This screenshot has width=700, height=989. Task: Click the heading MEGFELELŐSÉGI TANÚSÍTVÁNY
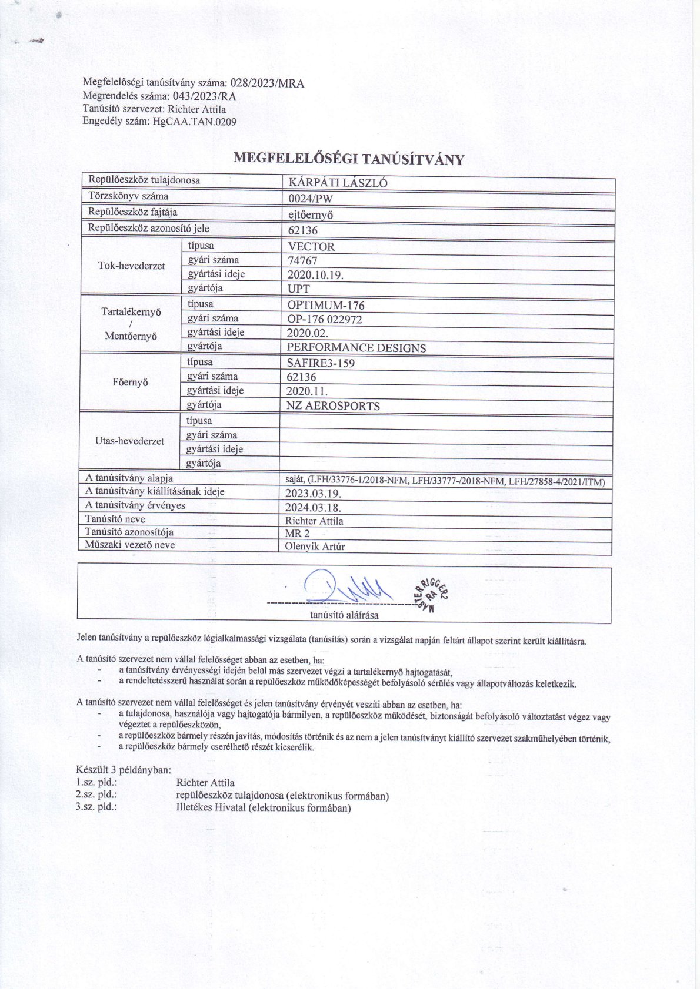[349, 159]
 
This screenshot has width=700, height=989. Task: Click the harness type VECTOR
[311, 247]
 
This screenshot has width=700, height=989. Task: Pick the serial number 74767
[302, 261]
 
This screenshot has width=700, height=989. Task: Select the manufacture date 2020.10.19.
[315, 275]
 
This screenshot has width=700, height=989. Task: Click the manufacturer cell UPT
[298, 289]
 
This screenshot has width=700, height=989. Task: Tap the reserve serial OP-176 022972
[324, 320]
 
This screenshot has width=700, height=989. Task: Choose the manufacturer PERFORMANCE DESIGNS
[356, 348]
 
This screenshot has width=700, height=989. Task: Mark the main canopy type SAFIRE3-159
[321, 363]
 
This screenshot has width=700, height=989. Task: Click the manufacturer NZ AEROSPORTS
[333, 406]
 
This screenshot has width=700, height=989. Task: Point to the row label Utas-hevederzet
[129, 441]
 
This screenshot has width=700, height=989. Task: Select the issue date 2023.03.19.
[313, 494]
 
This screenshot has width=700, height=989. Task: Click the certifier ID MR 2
[297, 534]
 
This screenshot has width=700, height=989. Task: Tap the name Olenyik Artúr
[315, 547]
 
